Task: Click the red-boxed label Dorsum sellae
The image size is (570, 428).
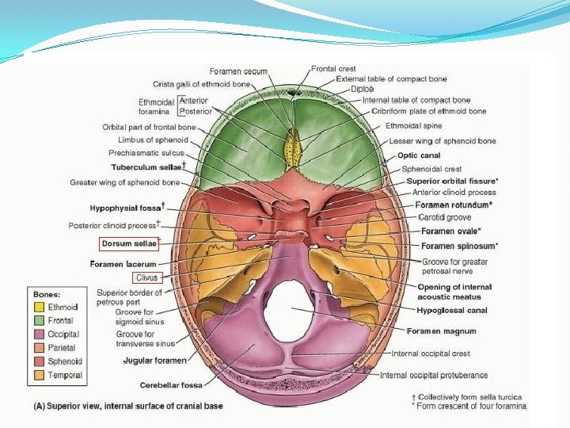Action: [x=129, y=244]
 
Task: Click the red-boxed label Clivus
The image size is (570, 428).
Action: [x=147, y=277]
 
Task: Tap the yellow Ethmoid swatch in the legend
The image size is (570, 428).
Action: [x=39, y=307]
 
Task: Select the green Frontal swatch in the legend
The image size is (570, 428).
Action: [x=39, y=320]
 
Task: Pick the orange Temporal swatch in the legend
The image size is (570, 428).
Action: [x=39, y=375]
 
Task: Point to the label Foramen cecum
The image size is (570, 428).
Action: [x=238, y=71]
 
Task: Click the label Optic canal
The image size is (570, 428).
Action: [x=419, y=155]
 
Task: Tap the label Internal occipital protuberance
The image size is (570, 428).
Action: [x=434, y=375]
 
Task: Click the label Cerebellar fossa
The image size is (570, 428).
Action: [x=171, y=385]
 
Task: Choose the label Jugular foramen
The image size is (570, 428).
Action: [x=154, y=361]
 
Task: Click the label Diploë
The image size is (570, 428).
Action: [x=363, y=90]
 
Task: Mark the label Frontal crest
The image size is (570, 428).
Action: [x=333, y=69]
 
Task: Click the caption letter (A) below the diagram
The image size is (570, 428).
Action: [x=40, y=407]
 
